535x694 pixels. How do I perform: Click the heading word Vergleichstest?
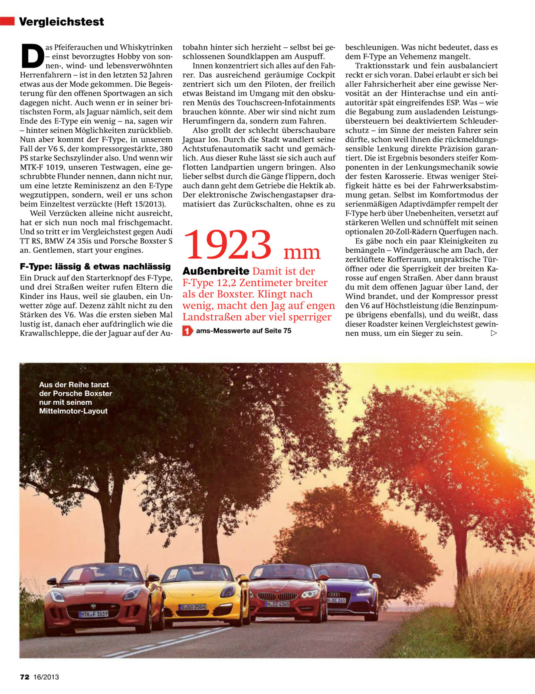(61, 22)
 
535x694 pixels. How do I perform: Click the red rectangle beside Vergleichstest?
(7, 21)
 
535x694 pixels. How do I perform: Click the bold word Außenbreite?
(216, 271)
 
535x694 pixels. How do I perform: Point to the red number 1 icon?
(187, 331)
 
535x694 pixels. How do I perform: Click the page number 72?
(24, 677)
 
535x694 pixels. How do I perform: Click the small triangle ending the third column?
(493, 333)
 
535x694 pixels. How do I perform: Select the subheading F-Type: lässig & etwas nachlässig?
(95, 266)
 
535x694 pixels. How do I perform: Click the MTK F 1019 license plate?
(93, 614)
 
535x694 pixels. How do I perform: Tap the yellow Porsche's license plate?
(193, 607)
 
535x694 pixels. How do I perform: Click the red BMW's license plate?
(277, 604)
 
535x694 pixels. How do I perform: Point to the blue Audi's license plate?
(336, 600)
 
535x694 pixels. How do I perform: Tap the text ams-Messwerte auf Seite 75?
(243, 331)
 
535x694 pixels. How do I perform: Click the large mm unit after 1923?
(302, 252)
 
